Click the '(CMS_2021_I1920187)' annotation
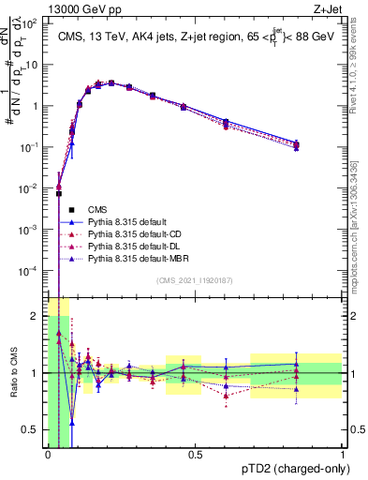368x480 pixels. (195, 280)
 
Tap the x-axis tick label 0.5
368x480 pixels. (195, 454)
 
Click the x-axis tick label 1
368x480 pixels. (343, 454)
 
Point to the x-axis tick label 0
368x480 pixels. (48, 454)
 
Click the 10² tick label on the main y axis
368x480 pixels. (30, 23)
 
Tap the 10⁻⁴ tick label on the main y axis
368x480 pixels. (30, 270)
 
